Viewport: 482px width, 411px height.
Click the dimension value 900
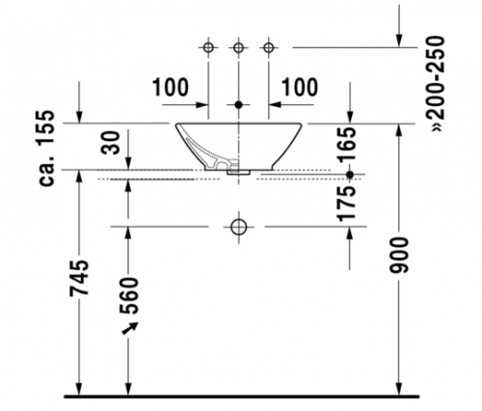coord(399,256)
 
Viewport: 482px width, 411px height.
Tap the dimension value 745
coord(79,278)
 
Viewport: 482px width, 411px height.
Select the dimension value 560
coord(128,295)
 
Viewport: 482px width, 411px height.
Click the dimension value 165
coord(348,144)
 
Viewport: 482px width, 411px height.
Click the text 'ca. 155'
coord(46,148)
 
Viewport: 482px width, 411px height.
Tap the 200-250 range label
coord(437,84)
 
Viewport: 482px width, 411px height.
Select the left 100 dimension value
coord(170,87)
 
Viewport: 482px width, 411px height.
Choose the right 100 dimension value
coord(300,87)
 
